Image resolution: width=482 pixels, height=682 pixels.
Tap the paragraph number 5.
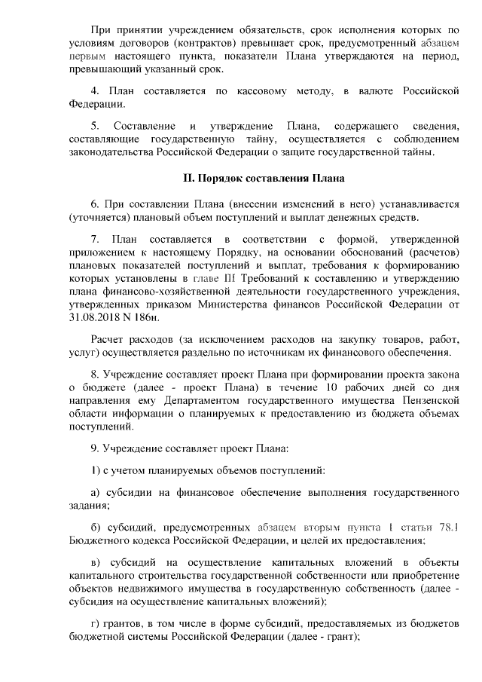click(94, 125)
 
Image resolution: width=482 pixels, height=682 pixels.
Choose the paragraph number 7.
click(94, 238)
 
